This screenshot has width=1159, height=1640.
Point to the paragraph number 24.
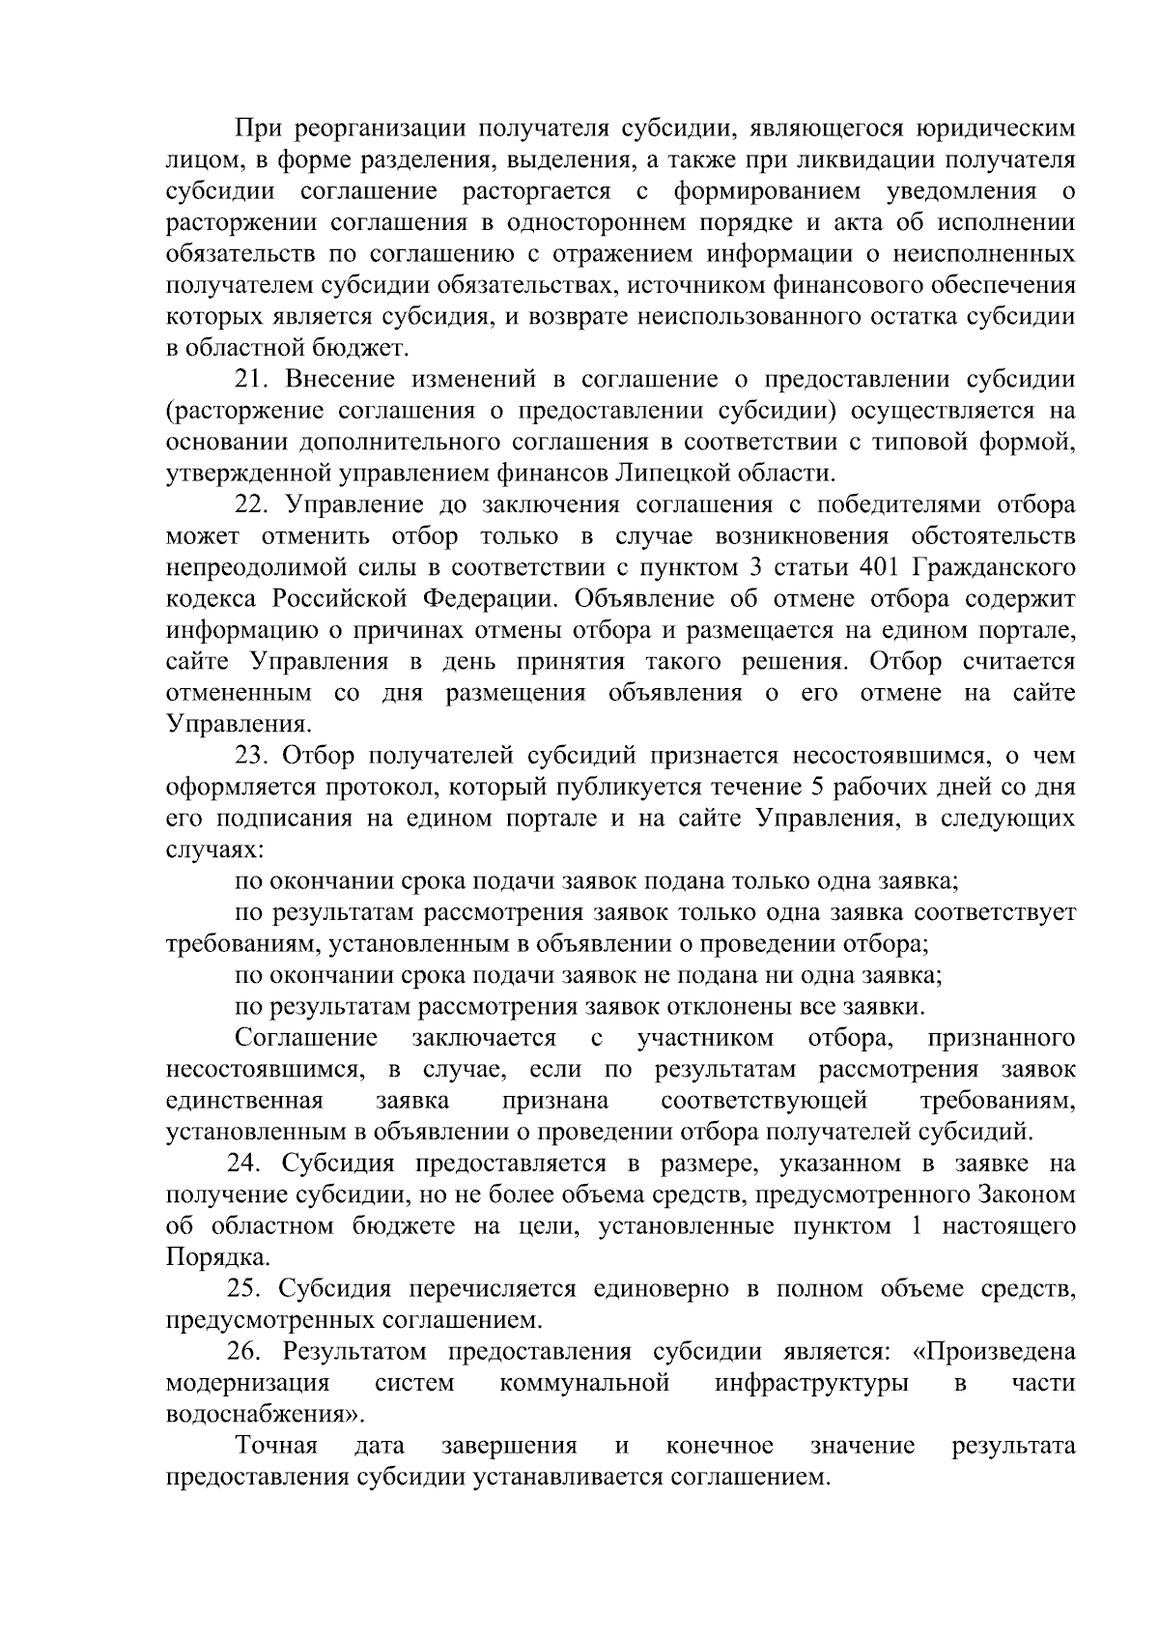pyautogui.click(x=247, y=1164)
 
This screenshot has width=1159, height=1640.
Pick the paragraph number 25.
pyautogui.click(x=247, y=1289)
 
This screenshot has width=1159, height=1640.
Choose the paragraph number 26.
pyautogui.click(x=247, y=1352)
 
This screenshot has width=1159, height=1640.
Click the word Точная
pyautogui.click(x=277, y=1447)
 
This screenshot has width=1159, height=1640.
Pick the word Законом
pyautogui.click(x=1026, y=1195)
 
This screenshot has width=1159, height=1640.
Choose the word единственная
pyautogui.click(x=244, y=1102)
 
